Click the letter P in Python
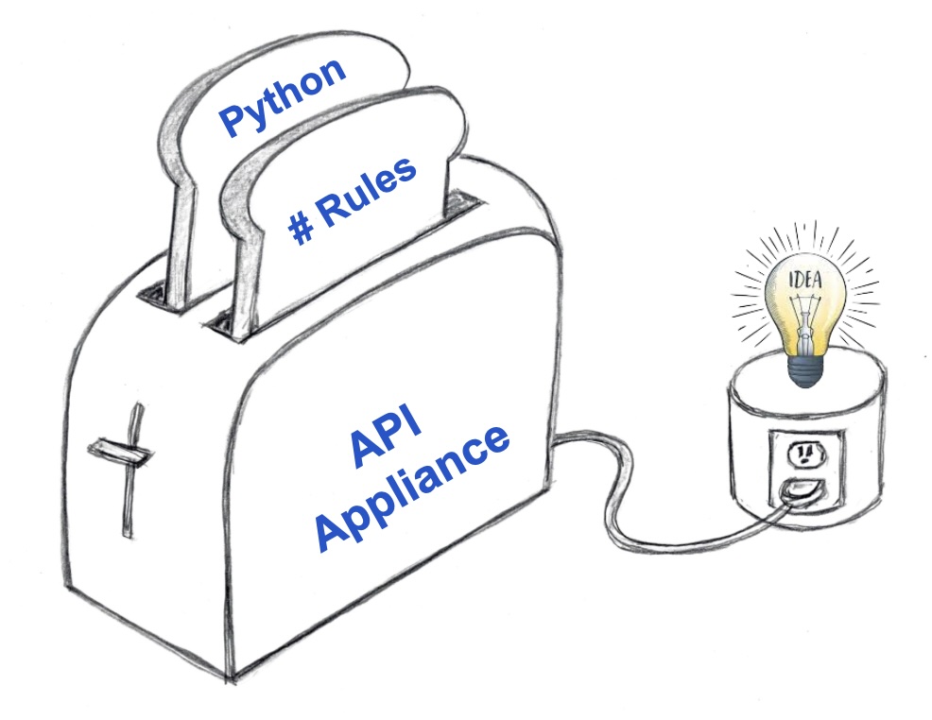[x=232, y=121]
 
